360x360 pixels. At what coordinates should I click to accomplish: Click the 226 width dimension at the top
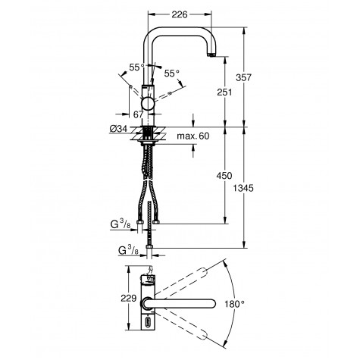(180, 14)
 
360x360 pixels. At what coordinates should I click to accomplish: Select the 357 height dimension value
(244, 77)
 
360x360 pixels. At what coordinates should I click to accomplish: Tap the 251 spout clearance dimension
(224, 92)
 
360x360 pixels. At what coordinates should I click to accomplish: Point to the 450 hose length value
(224, 176)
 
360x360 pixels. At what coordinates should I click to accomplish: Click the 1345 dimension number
(243, 188)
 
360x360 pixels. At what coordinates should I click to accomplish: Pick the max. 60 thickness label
(193, 136)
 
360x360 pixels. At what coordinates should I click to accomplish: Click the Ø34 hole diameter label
(118, 129)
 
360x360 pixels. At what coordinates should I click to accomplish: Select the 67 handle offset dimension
(138, 114)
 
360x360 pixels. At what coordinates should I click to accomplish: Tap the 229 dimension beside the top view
(129, 299)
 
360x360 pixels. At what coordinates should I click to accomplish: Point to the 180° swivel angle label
(235, 304)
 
